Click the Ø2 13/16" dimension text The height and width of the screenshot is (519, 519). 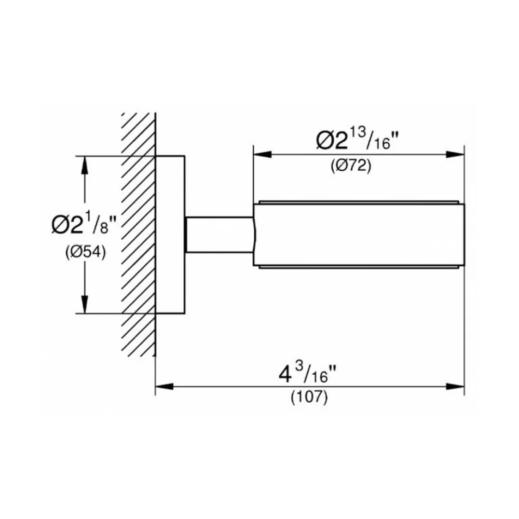tap(357, 139)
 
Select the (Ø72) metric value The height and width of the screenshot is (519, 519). tap(351, 165)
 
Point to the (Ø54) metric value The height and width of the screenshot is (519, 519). tap(86, 253)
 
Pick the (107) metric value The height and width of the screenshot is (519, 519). tap(309, 397)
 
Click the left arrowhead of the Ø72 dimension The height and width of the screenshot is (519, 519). tap(263, 155)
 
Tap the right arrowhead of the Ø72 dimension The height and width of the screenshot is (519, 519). tap(456, 155)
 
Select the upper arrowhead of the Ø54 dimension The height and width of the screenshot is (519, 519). tap(85, 165)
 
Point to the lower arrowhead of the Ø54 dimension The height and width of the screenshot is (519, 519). tap(85, 304)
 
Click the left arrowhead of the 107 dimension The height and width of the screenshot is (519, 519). tap(165, 386)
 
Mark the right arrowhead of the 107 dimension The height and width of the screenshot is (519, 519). tap(456, 386)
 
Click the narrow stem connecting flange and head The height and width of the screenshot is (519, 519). tap(220, 235)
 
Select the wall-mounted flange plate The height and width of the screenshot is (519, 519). tap(170, 235)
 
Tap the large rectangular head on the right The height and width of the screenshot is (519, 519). tap(359, 235)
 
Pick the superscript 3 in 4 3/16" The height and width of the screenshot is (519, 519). tap(299, 368)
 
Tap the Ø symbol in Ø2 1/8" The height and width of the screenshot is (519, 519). tap(60, 225)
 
